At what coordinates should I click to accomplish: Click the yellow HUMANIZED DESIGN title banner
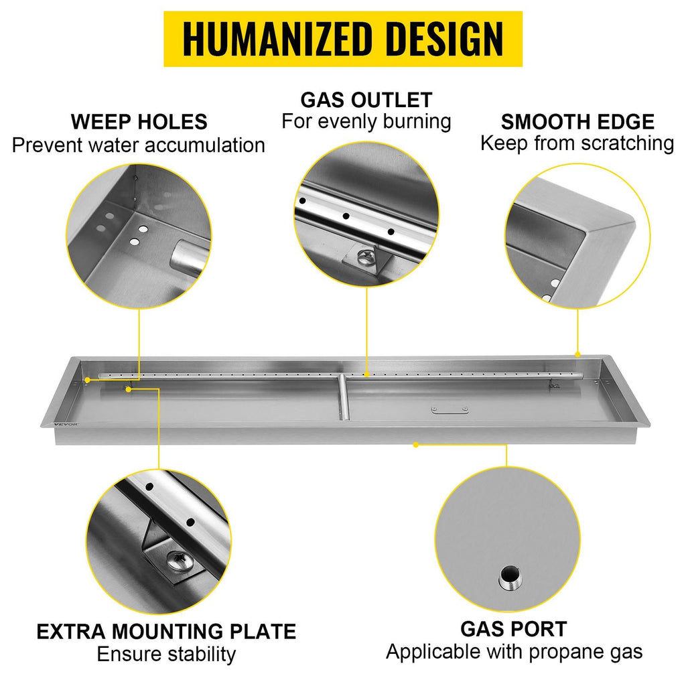pos(342,39)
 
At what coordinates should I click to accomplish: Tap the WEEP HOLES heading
pos(139,122)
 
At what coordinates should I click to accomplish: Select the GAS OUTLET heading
pos(366,100)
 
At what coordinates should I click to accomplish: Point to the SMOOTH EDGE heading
pos(577,122)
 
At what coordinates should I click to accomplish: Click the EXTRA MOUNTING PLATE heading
pos(166,631)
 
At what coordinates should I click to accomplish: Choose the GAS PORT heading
pos(514,629)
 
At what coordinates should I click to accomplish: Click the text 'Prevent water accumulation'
pos(138,145)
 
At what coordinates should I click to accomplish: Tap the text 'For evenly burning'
pos(366,122)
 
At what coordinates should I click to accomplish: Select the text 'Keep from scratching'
pos(577,143)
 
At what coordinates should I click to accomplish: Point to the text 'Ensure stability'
pos(166,655)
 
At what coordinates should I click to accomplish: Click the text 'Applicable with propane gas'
pos(514,652)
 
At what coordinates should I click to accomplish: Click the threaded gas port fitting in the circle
pos(510,577)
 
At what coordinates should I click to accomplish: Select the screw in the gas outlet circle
pos(364,257)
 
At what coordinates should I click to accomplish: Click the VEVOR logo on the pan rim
pos(66,424)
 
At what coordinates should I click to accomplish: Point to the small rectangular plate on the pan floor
pos(450,409)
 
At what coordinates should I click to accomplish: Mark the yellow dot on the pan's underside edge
pos(415,445)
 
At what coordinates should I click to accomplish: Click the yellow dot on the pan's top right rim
pos(577,354)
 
